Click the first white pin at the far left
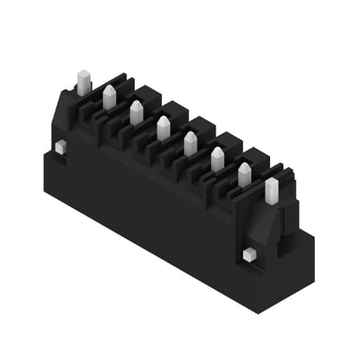point(84,83)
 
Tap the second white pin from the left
point(110,98)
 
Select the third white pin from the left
point(136,112)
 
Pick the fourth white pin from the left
point(163,128)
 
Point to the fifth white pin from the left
point(190,144)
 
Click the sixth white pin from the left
point(217,159)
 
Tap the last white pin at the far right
point(272,191)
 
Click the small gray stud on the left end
point(59,148)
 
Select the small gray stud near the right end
point(248,254)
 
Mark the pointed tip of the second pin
point(110,87)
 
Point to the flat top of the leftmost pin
point(84,73)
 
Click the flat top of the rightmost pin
point(272,182)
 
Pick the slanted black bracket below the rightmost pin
point(271,227)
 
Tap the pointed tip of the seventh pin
point(244,164)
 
